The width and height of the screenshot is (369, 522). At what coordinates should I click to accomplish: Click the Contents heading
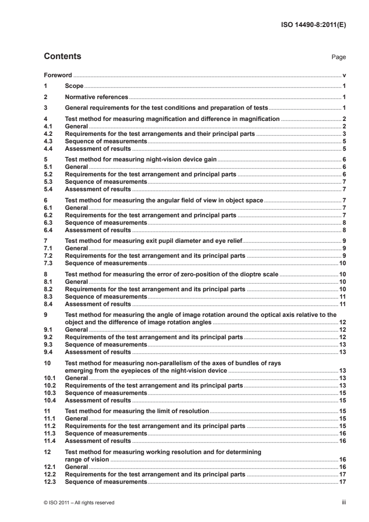[62, 57]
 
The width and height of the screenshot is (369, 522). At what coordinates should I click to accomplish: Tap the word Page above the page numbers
[338, 57]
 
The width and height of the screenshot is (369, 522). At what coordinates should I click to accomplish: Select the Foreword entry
[58, 75]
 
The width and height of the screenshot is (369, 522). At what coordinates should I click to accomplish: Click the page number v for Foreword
[344, 75]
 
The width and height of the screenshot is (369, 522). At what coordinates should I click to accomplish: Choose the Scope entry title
[74, 86]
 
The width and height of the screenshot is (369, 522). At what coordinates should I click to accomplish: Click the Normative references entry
[96, 97]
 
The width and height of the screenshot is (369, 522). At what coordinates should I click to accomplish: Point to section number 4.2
[48, 134]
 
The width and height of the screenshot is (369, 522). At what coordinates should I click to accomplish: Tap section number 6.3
[48, 223]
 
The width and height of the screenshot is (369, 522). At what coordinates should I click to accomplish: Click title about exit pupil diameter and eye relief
[154, 241]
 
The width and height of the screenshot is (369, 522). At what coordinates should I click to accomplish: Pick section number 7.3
[48, 263]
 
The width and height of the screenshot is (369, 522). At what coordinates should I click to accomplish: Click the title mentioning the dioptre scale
[172, 274]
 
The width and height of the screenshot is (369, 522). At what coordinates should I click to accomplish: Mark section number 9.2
[48, 336]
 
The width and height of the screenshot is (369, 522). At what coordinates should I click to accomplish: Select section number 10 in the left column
[47, 362]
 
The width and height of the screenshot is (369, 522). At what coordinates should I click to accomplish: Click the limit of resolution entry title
[137, 411]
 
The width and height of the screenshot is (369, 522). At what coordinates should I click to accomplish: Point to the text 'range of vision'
[87, 459]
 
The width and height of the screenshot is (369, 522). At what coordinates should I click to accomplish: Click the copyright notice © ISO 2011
[79, 502]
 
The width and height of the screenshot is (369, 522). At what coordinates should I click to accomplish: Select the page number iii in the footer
[343, 502]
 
